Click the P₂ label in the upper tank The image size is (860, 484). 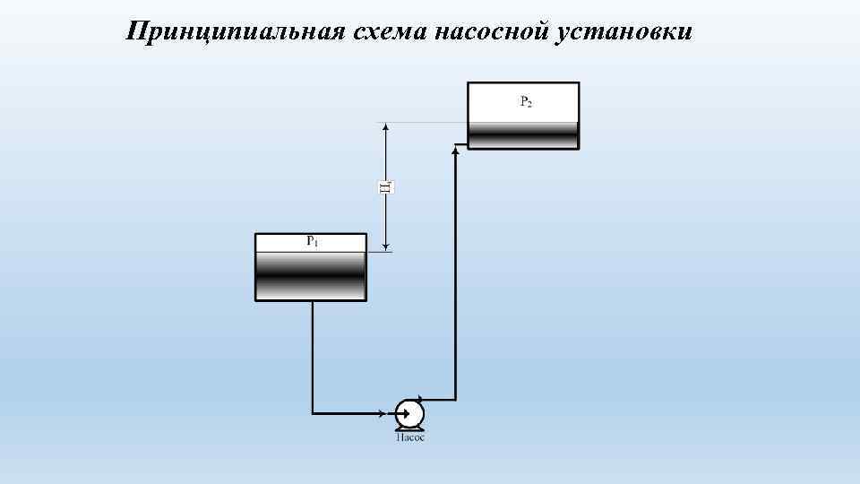click(x=525, y=102)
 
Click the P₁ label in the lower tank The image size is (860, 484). click(x=312, y=241)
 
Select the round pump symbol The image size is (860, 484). click(x=409, y=413)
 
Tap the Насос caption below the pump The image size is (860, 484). click(x=410, y=437)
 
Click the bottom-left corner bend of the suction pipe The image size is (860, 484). click(x=312, y=413)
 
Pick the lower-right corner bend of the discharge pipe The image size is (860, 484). click(x=456, y=399)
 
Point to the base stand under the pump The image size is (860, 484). click(x=409, y=429)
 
